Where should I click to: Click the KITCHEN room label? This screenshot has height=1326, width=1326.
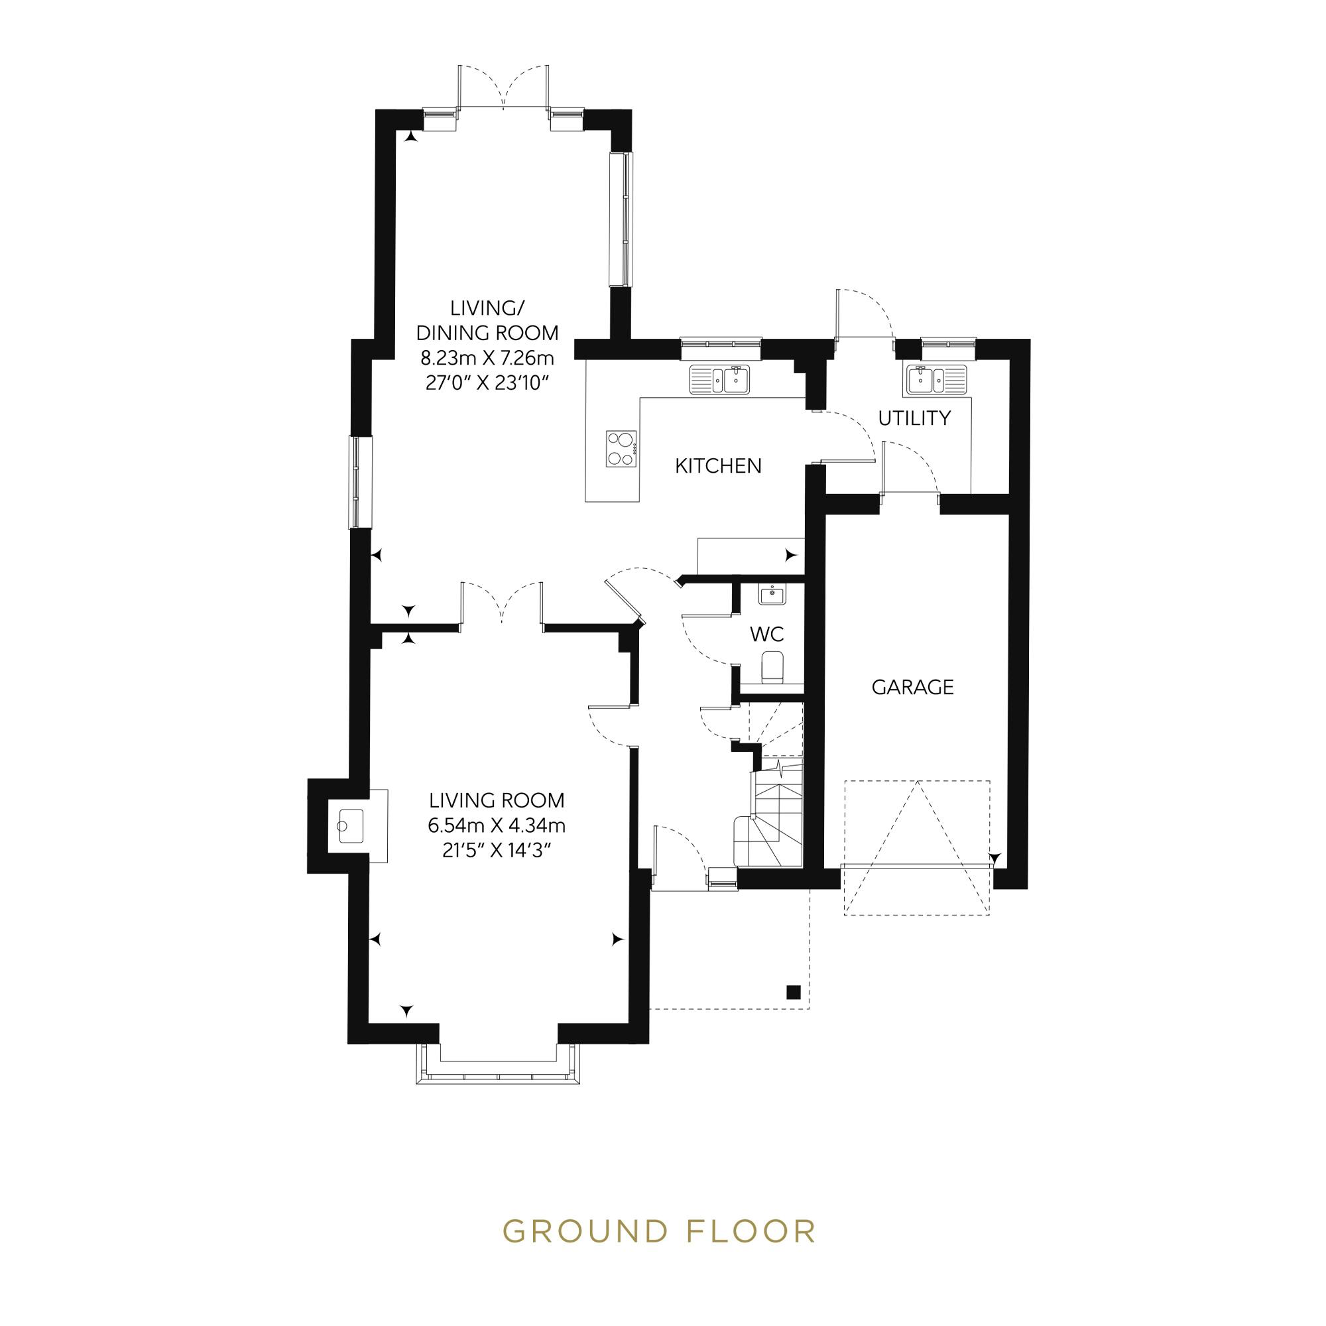click(x=718, y=466)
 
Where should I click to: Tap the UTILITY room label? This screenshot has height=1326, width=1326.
click(x=914, y=418)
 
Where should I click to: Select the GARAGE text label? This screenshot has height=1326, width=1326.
click(x=912, y=687)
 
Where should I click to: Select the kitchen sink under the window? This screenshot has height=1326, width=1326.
click(x=720, y=379)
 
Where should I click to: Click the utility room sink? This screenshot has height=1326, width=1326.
click(x=936, y=379)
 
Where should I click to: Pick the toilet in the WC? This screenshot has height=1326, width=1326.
click(x=773, y=666)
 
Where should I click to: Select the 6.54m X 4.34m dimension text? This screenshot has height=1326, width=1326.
click(x=496, y=825)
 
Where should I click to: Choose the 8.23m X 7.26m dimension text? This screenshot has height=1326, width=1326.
click(x=487, y=357)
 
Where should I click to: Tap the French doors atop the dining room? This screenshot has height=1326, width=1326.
click(x=504, y=90)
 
